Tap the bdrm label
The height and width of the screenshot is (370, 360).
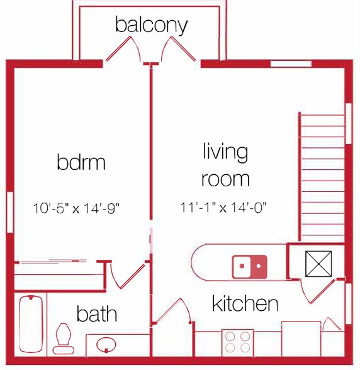[x=81, y=163]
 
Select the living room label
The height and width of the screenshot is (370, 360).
[x=225, y=165]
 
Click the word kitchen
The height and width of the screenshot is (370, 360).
[x=245, y=304]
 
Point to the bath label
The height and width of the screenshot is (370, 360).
[x=97, y=313]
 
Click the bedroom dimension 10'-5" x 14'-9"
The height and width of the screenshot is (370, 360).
[x=85, y=207]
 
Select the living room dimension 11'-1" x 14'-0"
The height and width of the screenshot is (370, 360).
[x=228, y=207]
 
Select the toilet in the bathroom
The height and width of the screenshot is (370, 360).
[x=63, y=338]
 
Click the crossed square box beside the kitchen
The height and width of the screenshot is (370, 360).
[x=317, y=264]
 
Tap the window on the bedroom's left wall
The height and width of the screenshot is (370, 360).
[x=9, y=211]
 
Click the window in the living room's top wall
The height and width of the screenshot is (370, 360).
[x=291, y=64]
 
